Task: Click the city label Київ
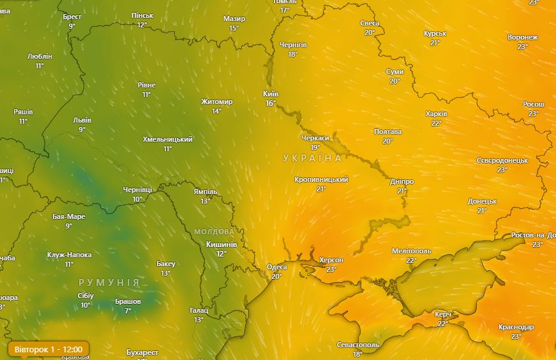point(271,94)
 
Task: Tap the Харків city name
point(437,114)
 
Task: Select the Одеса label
point(276,267)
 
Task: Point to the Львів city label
point(82,120)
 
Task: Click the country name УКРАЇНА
point(313,158)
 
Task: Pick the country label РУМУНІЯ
point(109,282)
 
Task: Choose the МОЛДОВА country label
point(214,231)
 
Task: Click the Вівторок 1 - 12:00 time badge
point(49,350)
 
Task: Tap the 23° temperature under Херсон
point(331,269)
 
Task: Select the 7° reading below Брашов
point(128,311)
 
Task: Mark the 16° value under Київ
point(271,103)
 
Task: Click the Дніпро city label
point(402,181)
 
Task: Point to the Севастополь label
point(358,345)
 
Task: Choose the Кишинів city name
point(222,244)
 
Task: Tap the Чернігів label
point(293,45)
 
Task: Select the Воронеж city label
point(523,37)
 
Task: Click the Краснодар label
point(516,327)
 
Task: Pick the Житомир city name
point(217,101)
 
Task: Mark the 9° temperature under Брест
point(72,26)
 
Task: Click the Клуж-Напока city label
point(69,255)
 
